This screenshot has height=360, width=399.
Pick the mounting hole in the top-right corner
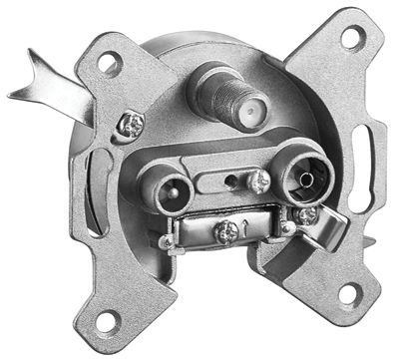pos(350,38)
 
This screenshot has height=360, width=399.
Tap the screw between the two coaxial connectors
pos(258,180)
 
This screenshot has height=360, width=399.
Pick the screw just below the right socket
pos(307,213)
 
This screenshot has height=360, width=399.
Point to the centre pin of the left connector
pos(164,186)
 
